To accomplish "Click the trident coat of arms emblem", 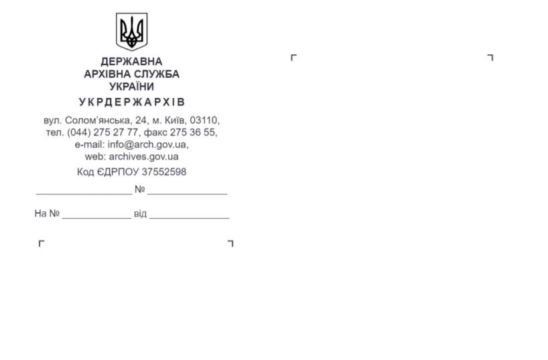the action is [131, 32].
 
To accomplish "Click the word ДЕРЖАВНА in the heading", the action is [131, 62].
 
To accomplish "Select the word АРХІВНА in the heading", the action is [109, 74].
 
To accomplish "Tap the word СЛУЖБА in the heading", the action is [158, 74].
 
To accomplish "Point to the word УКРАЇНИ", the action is [131, 86].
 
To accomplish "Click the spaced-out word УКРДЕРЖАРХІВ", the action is [132, 102].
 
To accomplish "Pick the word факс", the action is [155, 133].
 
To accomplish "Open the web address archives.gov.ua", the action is [143, 156].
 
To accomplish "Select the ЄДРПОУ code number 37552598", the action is [164, 172].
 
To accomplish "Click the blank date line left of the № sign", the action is [84, 194].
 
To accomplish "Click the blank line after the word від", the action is [189, 218].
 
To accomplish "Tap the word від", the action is [140, 213].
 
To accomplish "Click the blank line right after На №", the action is [96, 218].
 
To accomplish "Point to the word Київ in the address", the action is [176, 121].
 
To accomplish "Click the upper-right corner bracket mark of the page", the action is [490, 58].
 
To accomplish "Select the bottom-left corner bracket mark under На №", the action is [42, 243].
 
